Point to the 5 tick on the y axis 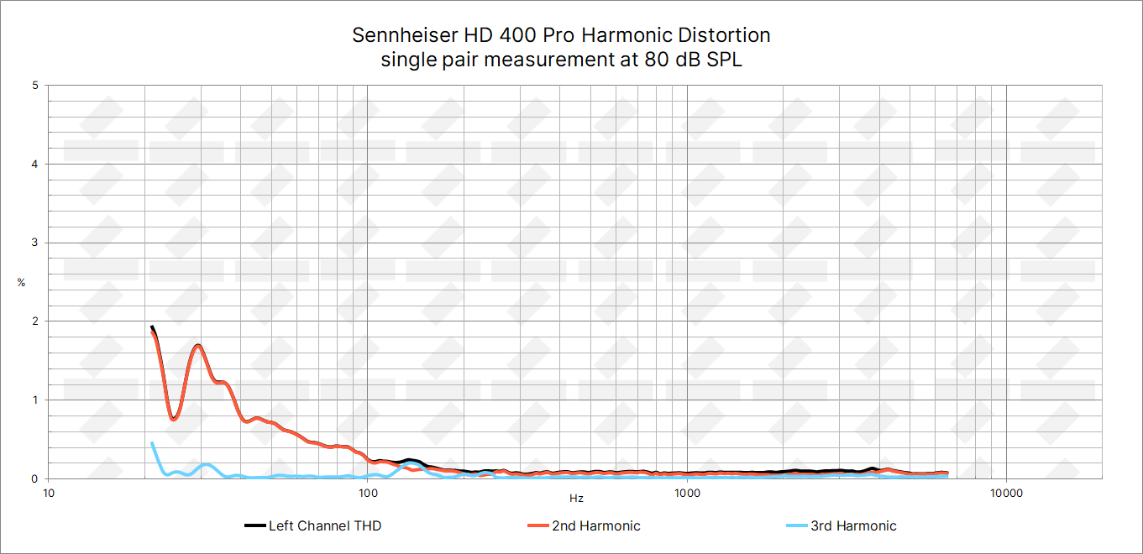[34, 86]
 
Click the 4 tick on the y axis [34, 165]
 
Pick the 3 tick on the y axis [34, 243]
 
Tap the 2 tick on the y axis [34, 321]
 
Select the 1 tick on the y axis [34, 400]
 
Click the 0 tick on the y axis [34, 478]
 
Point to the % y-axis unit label [21, 283]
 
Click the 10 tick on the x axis [49, 493]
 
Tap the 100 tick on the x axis [367, 493]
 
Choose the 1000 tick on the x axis [687, 493]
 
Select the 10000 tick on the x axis [1006, 493]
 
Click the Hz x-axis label [576, 499]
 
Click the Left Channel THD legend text [325, 526]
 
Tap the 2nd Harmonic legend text [595, 526]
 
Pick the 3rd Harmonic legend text [853, 526]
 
